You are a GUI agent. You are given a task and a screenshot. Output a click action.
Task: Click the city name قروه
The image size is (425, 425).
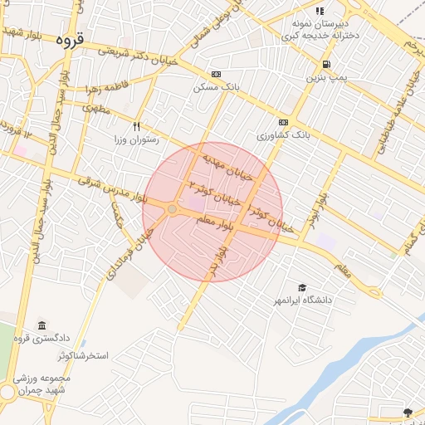pos(71,39)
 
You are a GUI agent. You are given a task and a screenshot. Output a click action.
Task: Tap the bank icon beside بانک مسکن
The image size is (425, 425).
pos(217,74)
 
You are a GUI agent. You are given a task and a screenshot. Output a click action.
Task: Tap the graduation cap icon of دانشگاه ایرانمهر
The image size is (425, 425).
pos(301,286)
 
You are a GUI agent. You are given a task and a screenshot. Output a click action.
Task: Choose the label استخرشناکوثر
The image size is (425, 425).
pos(92,355)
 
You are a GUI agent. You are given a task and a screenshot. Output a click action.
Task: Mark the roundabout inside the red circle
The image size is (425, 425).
pos(172,210)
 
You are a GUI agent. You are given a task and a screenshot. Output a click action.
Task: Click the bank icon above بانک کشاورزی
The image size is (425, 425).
pos(284,121)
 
